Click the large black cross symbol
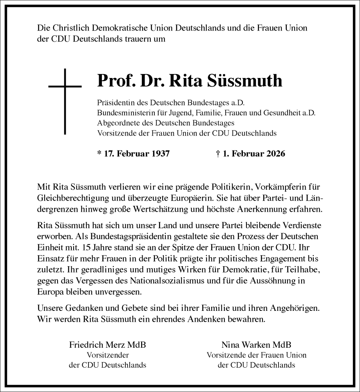coord(65,103)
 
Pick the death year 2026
coord(274,153)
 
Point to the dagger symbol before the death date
coord(217,153)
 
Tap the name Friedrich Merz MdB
coord(107,345)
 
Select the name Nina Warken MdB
coord(256,345)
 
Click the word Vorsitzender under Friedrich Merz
coord(107,355)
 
